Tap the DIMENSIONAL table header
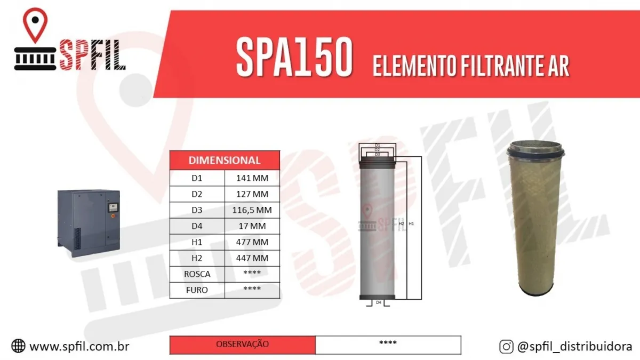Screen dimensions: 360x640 point(225,160)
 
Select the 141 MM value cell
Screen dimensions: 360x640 point(252,178)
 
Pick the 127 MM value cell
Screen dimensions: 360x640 point(252,194)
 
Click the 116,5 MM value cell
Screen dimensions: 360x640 point(252,210)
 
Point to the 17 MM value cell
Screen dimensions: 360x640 point(252,226)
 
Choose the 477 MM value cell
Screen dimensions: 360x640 point(252,242)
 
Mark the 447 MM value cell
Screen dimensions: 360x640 point(252,258)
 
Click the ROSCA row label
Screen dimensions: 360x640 point(197,274)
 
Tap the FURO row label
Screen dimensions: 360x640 point(197,290)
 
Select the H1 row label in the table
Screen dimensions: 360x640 point(197,242)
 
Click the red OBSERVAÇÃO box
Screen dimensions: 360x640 point(243,345)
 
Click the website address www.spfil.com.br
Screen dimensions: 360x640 point(79,346)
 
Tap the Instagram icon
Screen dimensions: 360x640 point(506,346)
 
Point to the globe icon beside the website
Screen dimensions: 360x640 point(18,346)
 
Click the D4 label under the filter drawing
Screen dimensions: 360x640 point(378,302)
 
